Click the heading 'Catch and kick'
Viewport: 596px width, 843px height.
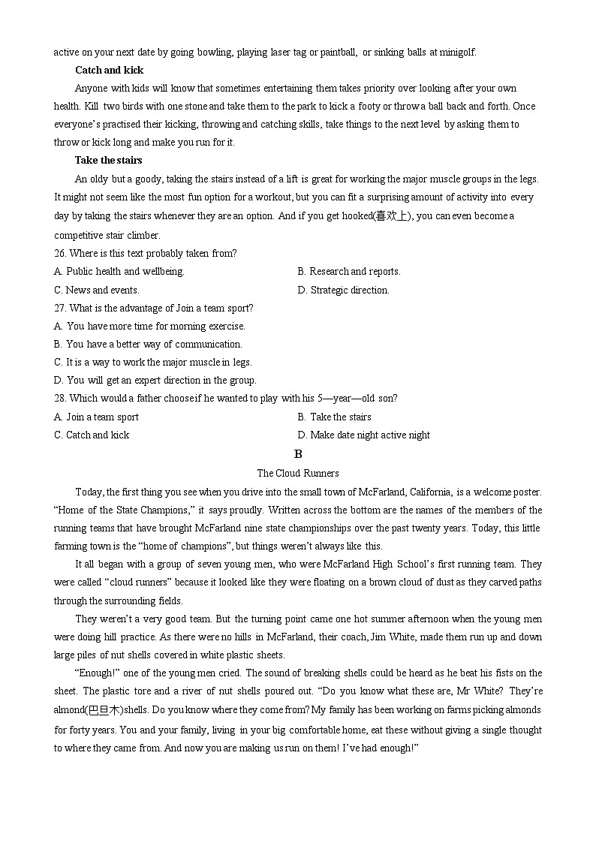(109, 70)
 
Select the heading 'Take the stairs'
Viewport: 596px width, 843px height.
(108, 160)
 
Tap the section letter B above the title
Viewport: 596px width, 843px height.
(298, 454)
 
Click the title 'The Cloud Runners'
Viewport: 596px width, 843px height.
(298, 473)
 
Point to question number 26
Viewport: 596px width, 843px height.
(60, 253)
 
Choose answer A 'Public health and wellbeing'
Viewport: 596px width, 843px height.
(119, 271)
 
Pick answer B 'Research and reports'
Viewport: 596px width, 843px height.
(349, 271)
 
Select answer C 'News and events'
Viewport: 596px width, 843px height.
(97, 290)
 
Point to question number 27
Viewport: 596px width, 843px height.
(60, 308)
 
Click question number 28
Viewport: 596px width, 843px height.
(60, 398)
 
